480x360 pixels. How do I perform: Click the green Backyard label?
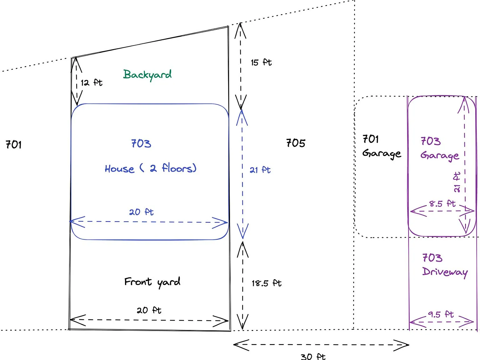[147, 75]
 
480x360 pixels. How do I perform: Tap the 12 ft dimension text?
[92, 82]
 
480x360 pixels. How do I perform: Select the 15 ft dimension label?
[261, 62]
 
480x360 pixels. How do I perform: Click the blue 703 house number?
[141, 144]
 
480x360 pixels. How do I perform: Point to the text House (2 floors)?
[151, 168]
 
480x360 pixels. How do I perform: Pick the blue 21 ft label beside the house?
[260, 170]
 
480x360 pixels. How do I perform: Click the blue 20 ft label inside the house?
[141, 212]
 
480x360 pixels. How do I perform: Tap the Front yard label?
[152, 282]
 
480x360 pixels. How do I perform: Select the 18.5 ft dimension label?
[267, 283]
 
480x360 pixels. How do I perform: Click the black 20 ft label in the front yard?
[149, 310]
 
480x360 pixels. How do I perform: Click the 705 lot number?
[296, 143]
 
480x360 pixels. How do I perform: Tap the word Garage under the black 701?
[382, 154]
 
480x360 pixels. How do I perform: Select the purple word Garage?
[440, 156]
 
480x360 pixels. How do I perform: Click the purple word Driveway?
[445, 272]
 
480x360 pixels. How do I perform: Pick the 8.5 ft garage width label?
[442, 204]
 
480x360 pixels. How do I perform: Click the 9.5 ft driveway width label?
[441, 315]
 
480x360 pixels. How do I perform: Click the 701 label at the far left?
[13, 145]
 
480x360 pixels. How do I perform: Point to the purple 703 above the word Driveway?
[432, 258]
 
